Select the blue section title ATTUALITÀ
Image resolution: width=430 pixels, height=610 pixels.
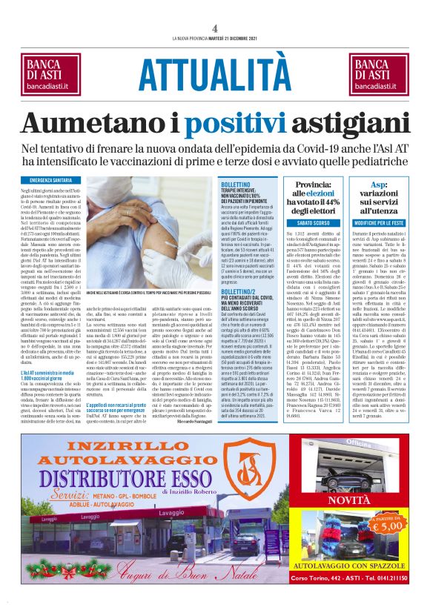coord(214,73)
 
